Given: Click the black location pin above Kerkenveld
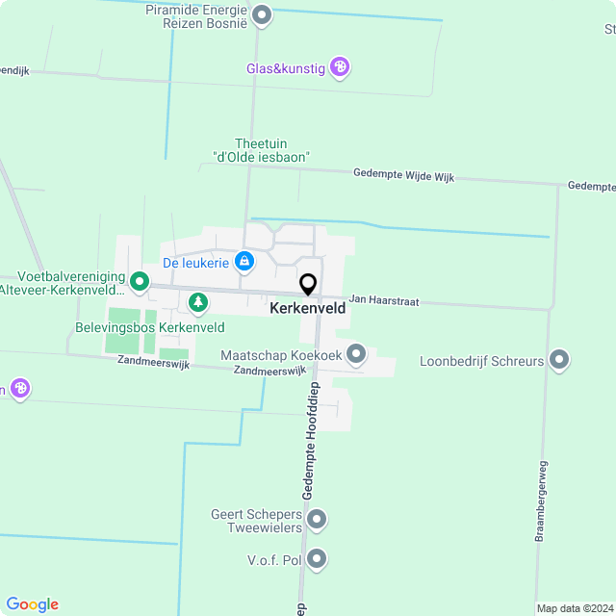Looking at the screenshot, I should click(308, 285).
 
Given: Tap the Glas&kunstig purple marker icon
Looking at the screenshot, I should click(339, 67).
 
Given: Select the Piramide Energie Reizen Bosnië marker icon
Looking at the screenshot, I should click(261, 15).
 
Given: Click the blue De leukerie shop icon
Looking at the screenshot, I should click(244, 262).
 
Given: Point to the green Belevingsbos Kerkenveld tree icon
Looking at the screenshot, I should click(197, 304).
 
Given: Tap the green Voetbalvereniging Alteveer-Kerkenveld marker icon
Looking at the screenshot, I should click(140, 282).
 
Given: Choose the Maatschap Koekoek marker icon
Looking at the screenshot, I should click(356, 355).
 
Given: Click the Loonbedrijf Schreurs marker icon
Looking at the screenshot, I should click(559, 361).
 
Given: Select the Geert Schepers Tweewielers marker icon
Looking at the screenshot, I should click(317, 521).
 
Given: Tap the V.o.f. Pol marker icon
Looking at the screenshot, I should click(317, 558).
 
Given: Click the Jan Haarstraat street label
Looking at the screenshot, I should click(383, 301).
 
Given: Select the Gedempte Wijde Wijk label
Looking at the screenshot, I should click(403, 175).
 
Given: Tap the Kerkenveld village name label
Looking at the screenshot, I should click(308, 309).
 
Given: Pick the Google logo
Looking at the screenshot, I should click(32, 604).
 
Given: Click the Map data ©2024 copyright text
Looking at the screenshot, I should click(574, 608).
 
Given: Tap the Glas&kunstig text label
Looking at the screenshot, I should click(286, 67).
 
